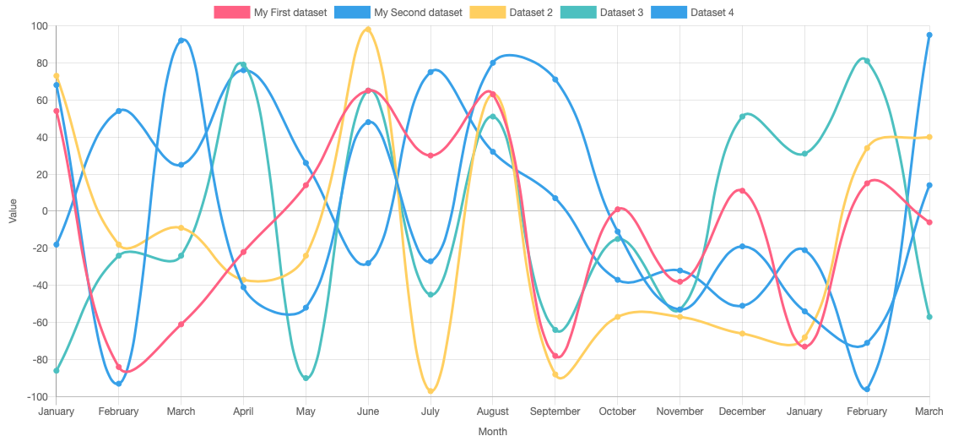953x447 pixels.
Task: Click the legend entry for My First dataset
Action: tap(270, 13)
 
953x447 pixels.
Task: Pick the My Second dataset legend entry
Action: tap(399, 13)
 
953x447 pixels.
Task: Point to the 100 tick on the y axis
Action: tap(39, 26)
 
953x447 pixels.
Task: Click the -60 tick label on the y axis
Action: tap(36, 323)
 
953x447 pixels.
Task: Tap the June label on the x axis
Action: tap(368, 412)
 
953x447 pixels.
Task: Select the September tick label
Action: tap(555, 412)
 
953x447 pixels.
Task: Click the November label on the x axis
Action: tap(680, 412)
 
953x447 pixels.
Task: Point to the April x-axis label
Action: tap(243, 412)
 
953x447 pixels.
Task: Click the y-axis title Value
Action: tap(13, 211)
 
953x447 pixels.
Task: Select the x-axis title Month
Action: tap(493, 432)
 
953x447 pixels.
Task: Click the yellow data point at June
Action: tap(368, 30)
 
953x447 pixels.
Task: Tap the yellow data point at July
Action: tap(430, 391)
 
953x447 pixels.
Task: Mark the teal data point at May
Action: tap(306, 378)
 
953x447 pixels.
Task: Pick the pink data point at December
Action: tap(742, 191)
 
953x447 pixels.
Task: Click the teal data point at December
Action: tap(742, 117)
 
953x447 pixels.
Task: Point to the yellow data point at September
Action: tap(555, 374)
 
